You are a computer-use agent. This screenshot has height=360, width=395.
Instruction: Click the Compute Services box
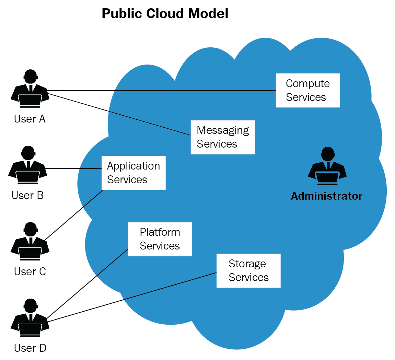[x=307, y=90]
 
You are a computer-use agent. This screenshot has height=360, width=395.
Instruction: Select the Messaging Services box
[x=222, y=137]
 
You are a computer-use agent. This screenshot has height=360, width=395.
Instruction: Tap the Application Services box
[x=133, y=173]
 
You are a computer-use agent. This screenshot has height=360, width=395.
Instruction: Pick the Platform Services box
[x=160, y=239]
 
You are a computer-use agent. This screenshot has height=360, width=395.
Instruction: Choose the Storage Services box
[x=248, y=270]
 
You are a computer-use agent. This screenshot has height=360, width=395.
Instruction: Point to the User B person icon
[x=27, y=165]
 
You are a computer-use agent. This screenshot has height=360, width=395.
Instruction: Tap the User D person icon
[x=30, y=318]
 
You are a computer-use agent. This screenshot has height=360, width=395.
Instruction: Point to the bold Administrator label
[x=326, y=196]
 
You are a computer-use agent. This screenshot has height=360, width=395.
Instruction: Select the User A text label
[x=30, y=119]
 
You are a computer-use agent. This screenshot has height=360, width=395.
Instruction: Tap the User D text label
[x=30, y=348]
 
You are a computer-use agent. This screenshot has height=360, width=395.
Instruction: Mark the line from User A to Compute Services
[x=161, y=91]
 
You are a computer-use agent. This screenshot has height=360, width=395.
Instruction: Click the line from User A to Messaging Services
[x=120, y=114]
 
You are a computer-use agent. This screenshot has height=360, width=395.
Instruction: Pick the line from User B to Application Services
[x=74, y=169]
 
